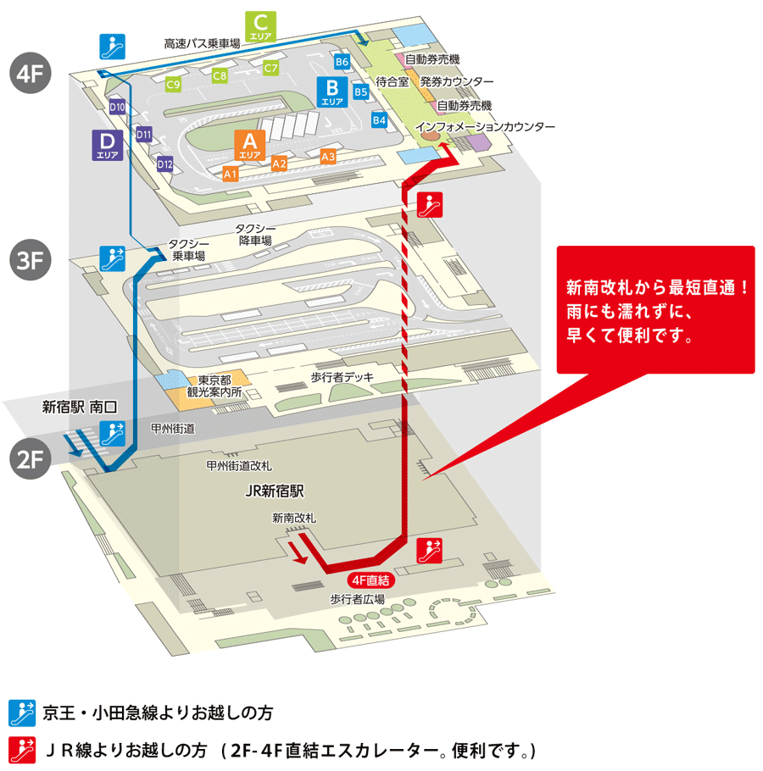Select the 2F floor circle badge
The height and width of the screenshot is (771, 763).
pos(31,458)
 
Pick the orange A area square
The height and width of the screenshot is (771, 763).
pos(250,145)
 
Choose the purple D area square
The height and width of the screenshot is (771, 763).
pos(108,145)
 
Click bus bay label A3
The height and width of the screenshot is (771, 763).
pos(328,157)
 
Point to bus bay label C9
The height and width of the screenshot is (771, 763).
pos(174,85)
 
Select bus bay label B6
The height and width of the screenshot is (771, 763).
pos(343,62)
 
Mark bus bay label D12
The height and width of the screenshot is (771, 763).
pos(164,164)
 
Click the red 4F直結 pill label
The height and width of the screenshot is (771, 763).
pos(372,581)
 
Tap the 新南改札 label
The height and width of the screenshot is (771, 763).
pos(294,518)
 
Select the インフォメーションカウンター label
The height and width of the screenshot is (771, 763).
pos(485,127)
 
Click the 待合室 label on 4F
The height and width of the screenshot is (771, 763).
pos(393,81)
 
